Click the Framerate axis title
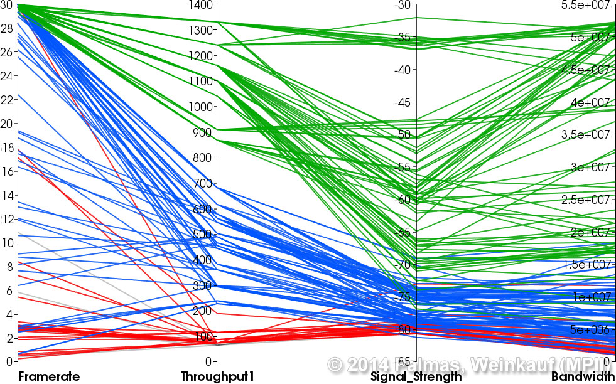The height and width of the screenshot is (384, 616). tap(49, 376)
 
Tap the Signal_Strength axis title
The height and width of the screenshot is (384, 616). tap(416, 377)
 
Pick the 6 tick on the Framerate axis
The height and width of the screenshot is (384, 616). tap(6, 291)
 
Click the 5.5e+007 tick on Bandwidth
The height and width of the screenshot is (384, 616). tap(588, 5)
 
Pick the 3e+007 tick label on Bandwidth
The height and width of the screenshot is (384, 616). tap(591, 167)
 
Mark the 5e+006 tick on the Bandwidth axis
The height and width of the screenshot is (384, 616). tap(591, 329)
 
